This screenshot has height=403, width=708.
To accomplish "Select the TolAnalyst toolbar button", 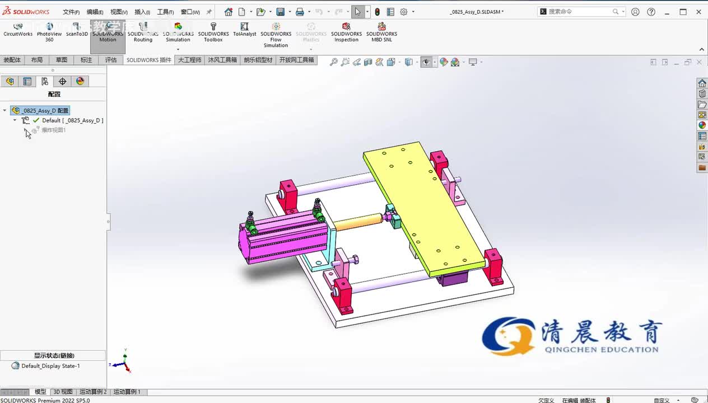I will tap(244, 29).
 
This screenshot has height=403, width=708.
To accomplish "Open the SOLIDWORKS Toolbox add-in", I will tap(213, 32).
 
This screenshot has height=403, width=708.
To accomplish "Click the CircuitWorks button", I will tap(18, 29).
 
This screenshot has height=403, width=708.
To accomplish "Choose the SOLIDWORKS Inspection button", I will tap(346, 32).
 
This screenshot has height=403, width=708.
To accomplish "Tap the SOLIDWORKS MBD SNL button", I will tap(381, 32).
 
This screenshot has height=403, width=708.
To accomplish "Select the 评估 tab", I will tap(111, 60).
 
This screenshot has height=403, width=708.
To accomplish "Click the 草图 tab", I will tap(61, 60).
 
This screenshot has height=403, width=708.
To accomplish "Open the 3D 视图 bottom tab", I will tap(63, 392).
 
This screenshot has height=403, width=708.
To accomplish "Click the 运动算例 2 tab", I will tap(92, 392).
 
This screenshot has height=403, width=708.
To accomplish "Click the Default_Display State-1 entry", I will tap(50, 366).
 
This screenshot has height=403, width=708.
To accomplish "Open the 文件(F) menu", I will tap(71, 12).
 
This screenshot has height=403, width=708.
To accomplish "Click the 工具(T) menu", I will tap(165, 12).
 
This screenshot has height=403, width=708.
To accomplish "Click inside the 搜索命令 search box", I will tap(579, 11).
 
